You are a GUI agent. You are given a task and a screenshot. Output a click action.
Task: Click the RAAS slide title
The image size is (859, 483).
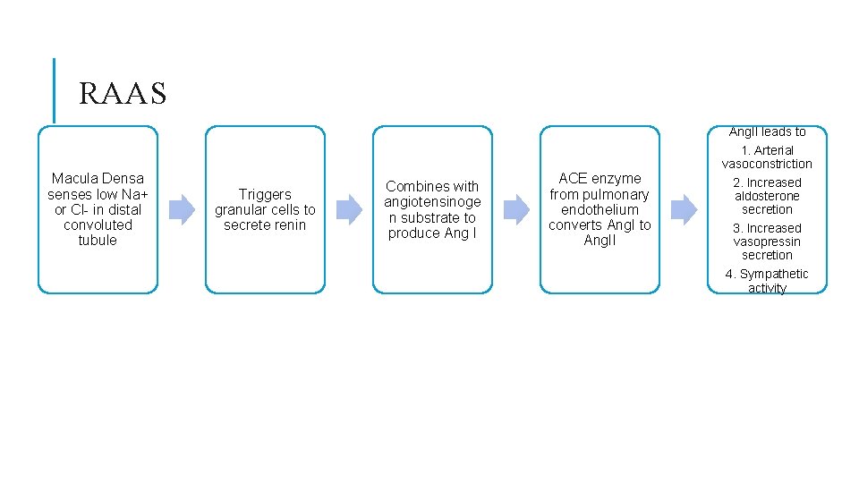tap(123, 93)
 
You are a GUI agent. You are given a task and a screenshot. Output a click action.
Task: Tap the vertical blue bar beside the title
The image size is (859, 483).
tap(54, 91)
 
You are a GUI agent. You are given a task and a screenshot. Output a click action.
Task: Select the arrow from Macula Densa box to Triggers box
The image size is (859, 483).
tap(182, 209)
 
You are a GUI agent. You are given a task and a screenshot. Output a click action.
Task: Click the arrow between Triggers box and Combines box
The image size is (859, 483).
tap(350, 209)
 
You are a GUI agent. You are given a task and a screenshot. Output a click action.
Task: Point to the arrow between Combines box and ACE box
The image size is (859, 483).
tap(516, 209)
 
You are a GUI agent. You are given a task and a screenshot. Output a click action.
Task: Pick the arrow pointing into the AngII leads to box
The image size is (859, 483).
tap(684, 209)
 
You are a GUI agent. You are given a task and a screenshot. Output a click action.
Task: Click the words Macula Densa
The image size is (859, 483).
tap(98, 179)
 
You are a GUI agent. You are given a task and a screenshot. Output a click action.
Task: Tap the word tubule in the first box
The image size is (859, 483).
tap(98, 240)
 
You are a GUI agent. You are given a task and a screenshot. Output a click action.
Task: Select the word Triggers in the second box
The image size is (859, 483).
tap(265, 195)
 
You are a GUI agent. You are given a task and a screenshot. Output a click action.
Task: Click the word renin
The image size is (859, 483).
tap(289, 225)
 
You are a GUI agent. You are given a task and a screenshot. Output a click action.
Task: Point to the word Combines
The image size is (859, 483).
tap(412, 187)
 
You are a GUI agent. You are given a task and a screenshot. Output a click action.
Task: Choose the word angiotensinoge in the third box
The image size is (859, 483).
tap(432, 203)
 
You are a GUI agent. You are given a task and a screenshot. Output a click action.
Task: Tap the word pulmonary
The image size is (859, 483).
tap(616, 195)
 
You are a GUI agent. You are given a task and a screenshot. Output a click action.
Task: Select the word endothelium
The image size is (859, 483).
tap(600, 209)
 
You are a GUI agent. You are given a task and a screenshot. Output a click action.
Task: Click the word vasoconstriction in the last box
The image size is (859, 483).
tap(767, 164)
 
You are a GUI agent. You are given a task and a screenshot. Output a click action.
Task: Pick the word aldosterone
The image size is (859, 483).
tap(767, 196)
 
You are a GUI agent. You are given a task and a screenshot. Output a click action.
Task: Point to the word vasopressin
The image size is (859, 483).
tap(767, 242)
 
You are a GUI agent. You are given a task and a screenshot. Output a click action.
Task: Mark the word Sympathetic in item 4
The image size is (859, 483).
tap(774, 274)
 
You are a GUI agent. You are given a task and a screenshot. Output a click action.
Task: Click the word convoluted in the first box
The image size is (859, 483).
tap(98, 225)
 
